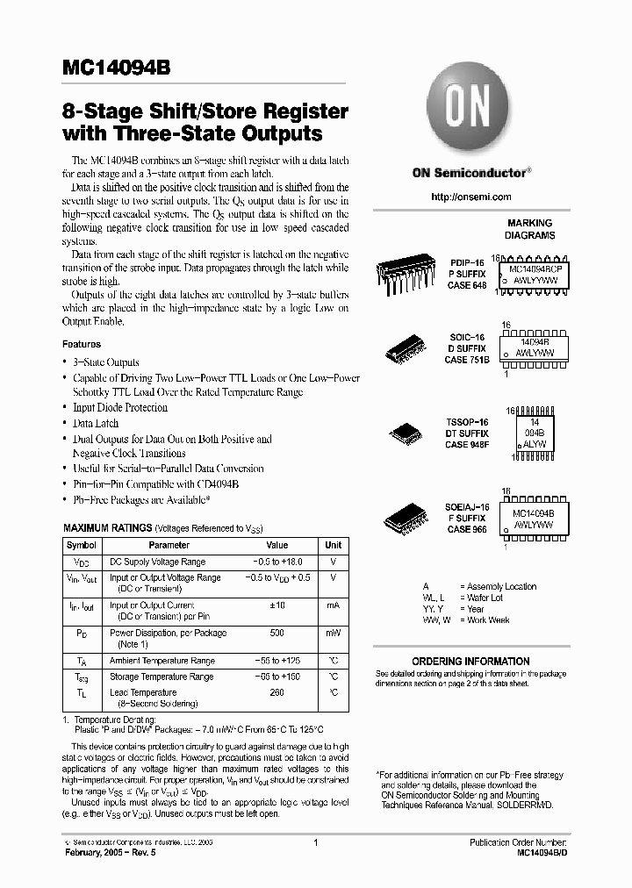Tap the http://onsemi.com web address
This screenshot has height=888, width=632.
470,197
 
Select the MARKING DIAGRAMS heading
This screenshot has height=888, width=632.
529,229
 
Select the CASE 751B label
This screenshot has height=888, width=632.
467,360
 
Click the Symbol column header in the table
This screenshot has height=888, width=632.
82,545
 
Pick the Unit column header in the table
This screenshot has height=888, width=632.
334,545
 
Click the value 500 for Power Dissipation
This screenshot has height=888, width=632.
276,633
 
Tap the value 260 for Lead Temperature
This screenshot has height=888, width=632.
276,692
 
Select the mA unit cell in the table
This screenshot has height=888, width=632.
334,605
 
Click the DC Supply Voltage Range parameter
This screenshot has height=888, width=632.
157,562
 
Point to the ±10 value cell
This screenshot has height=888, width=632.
276,605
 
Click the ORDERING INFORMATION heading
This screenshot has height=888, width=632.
470,661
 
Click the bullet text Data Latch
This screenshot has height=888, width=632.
96,423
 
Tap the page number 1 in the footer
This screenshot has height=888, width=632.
314,841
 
